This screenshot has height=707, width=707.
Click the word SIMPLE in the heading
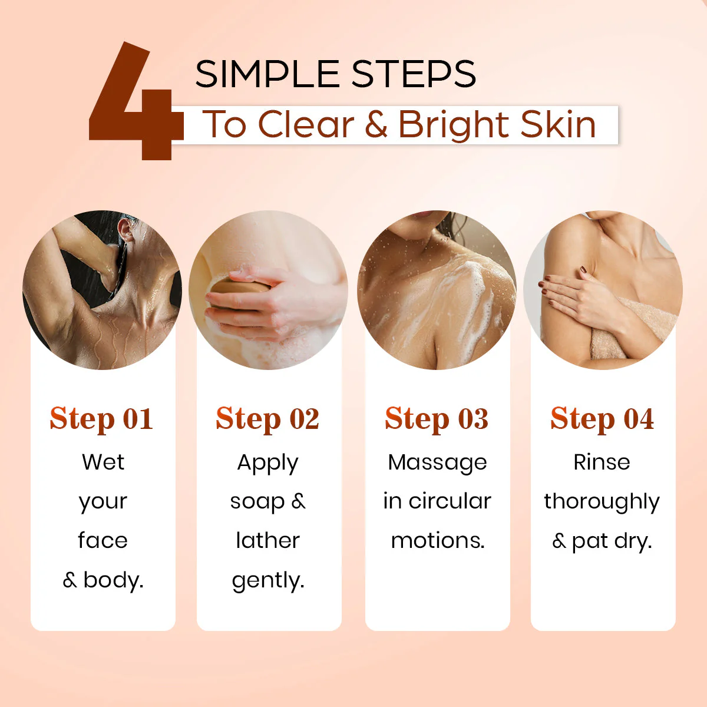pos(268,74)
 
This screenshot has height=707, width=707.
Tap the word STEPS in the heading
pos(414,74)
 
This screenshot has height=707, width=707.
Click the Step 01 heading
pos(101,419)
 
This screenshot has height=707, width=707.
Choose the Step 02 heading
pos(267,419)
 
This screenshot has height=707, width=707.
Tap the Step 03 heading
pos(437,419)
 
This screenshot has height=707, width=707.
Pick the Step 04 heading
pos(602,419)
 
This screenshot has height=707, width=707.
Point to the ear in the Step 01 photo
pos(126,230)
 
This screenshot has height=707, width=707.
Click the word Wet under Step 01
pos(103,462)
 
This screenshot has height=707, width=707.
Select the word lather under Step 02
pos(268,540)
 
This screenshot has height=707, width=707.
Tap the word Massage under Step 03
pos(437,463)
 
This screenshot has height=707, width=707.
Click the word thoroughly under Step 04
pos(602,503)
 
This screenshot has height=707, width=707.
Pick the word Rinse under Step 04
pos(602,462)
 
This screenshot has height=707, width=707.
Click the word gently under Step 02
pos(268,581)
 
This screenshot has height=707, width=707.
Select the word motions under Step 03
pos(438,541)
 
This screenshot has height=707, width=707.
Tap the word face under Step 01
pos(103,540)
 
